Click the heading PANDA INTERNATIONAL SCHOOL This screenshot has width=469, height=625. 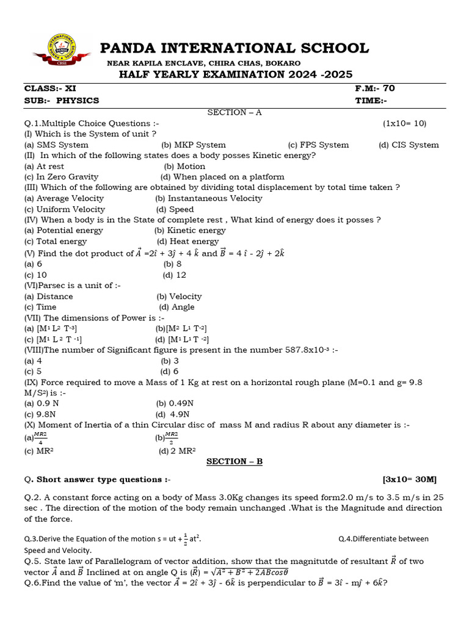234,48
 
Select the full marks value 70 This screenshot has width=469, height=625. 388,89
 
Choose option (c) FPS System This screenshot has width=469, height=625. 318,145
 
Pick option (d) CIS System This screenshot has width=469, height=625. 409,145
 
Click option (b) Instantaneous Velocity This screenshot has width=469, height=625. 208,198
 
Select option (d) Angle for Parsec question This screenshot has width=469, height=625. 176,307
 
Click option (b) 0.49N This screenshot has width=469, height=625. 175,403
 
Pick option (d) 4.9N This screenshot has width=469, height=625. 175,414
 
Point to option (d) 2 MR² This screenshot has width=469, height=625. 177,451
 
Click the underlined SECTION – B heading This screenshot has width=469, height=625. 234,461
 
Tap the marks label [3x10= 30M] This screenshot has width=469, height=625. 410,479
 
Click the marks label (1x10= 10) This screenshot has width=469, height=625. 405,123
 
